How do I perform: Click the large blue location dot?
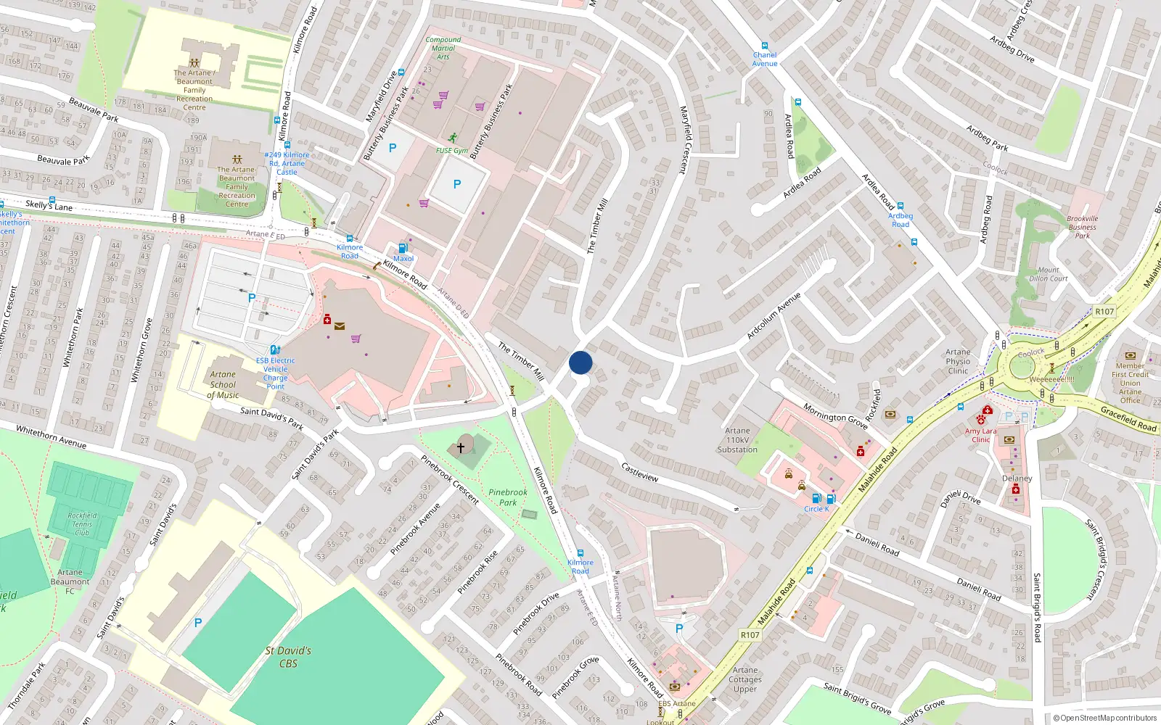(580, 362)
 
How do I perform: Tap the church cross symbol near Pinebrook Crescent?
(460, 449)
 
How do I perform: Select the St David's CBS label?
(288, 657)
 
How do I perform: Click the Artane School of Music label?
(223, 385)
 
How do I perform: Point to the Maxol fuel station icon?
(403, 248)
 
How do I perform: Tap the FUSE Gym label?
(451, 151)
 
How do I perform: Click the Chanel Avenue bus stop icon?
(765, 46)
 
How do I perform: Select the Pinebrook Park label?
(508, 497)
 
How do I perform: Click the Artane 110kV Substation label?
(737, 440)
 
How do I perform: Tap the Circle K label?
(816, 509)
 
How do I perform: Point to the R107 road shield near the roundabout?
(1104, 311)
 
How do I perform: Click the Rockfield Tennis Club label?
(82, 524)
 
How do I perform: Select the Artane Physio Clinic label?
(958, 361)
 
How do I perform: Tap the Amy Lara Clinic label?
(980, 435)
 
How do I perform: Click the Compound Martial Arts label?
(443, 48)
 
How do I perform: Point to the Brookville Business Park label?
(1082, 227)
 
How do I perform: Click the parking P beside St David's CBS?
(198, 623)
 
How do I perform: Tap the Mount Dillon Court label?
(1048, 274)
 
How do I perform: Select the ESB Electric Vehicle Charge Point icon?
(275, 350)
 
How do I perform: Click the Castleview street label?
(640, 473)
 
